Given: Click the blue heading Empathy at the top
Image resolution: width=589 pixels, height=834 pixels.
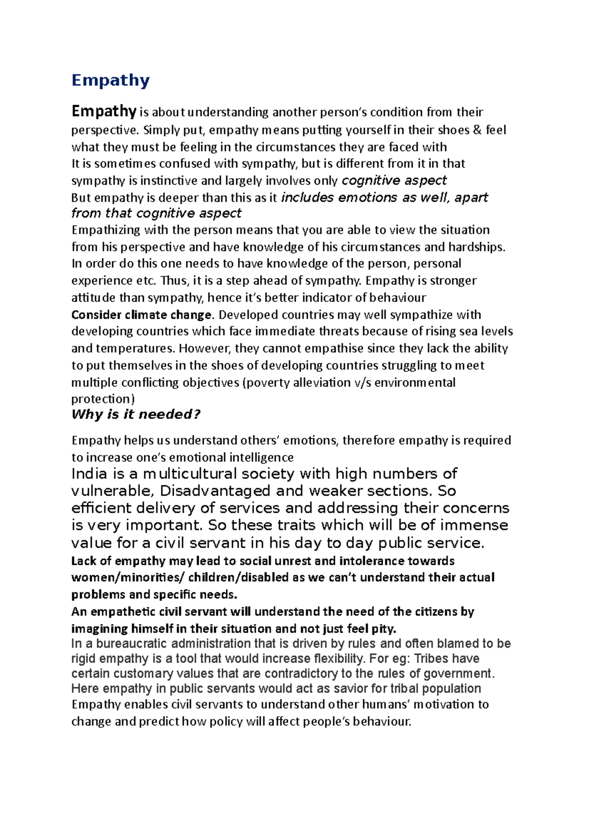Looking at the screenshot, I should tap(110, 80).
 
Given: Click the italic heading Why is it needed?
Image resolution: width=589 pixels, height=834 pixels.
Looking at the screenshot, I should tap(136, 415).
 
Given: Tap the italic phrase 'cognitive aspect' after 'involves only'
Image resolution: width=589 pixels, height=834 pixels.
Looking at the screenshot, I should tap(394, 181).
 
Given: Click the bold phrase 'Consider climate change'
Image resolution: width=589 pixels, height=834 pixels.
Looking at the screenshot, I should tap(141, 315).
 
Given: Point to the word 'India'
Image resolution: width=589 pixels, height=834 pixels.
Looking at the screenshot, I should tap(89, 474).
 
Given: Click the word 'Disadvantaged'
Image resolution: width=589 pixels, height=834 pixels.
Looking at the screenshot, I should tap(215, 491).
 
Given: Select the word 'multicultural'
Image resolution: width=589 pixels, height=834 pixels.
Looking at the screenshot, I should tap(189, 474).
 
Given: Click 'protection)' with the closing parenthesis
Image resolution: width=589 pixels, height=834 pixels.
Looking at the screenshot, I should tap(103, 399).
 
